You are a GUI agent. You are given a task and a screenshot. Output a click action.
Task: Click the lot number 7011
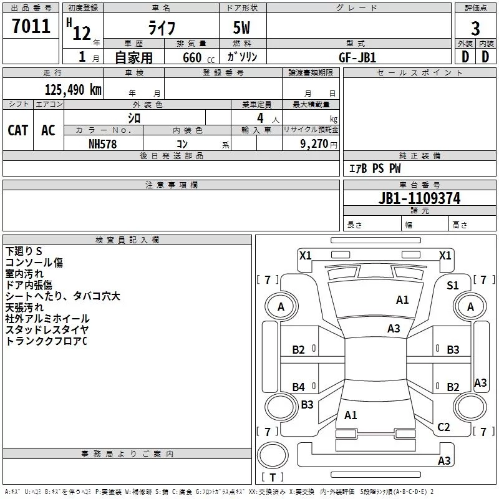click(31, 26)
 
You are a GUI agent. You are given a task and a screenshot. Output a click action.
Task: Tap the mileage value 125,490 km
click(73, 89)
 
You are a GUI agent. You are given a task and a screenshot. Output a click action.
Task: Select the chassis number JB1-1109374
click(419, 198)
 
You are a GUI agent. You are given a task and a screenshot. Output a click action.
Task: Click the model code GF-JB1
click(357, 57)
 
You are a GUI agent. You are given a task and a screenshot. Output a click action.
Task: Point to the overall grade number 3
click(475, 29)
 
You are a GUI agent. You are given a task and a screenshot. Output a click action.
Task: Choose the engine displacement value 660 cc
click(198, 57)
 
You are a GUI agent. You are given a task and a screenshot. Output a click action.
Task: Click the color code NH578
click(102, 144)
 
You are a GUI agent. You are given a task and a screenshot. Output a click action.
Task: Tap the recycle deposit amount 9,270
click(314, 143)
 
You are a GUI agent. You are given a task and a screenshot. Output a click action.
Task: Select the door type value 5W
click(241, 27)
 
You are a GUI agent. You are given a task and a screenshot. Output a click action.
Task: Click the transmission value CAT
click(18, 130)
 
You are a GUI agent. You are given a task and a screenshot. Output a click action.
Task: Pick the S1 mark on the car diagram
click(453, 286)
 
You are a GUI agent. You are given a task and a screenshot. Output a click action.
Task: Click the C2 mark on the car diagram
click(443, 427)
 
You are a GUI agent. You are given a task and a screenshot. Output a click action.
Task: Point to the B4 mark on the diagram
click(299, 387)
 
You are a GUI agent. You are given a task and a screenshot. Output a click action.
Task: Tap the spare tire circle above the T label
click(273, 455)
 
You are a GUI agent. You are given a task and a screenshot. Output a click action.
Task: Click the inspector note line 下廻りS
click(24, 251)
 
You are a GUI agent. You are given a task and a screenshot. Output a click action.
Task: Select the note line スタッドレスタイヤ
click(47, 330)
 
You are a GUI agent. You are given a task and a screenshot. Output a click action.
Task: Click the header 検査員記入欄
click(127, 240)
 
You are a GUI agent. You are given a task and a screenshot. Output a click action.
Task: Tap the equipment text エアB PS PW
click(375, 168)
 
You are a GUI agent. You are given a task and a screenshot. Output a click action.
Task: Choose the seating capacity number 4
click(260, 118)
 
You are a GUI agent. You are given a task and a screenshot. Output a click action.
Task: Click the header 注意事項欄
click(172, 185)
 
